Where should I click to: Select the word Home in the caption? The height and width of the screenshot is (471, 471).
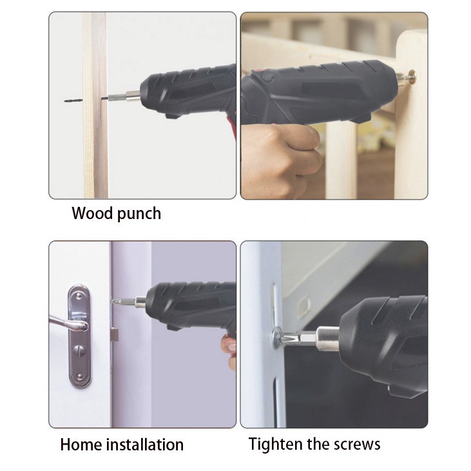click(81, 445)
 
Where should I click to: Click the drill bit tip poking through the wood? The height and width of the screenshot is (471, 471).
click(73, 101)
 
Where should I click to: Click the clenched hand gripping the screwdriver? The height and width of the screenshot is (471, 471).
click(280, 156)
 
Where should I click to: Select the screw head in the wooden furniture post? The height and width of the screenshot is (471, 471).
click(412, 75)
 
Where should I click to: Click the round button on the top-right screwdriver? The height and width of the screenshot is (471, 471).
click(267, 76)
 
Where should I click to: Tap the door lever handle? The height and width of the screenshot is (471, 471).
click(68, 323)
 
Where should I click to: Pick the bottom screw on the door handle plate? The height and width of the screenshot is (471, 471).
click(80, 376)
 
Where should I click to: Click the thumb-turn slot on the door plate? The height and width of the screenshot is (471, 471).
click(79, 351)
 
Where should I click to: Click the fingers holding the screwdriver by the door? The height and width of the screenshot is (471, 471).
click(229, 351)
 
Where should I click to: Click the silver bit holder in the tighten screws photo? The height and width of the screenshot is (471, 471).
click(325, 338)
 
